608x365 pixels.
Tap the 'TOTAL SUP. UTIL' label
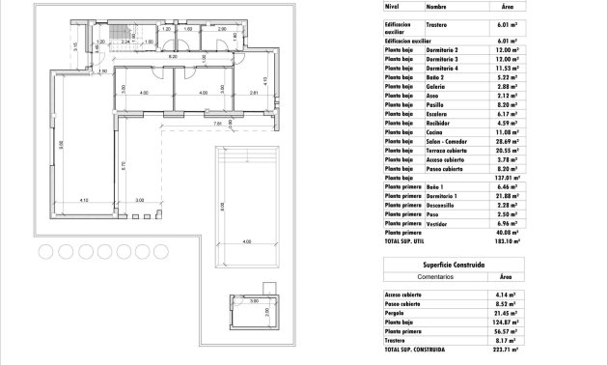coord(405,240)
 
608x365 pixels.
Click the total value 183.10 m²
coord(506,240)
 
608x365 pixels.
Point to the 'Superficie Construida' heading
coord(452,264)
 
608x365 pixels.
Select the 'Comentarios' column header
coord(420,275)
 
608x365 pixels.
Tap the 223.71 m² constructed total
coord(506,349)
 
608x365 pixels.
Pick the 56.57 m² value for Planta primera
coord(508,331)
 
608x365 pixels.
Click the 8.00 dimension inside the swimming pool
coord(221,205)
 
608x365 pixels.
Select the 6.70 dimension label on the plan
coord(123,164)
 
